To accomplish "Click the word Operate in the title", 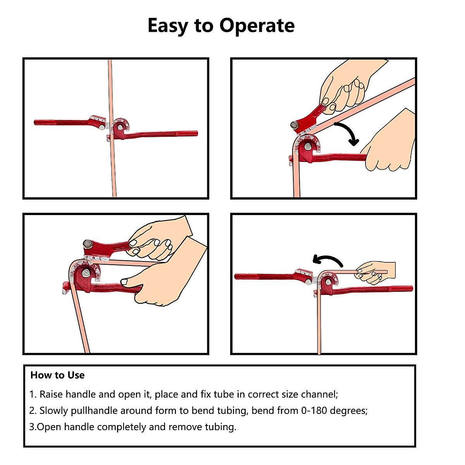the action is [257, 26].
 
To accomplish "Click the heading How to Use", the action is [57, 375].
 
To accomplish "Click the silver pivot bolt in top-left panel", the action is [120, 127].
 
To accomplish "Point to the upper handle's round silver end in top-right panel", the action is [294, 125].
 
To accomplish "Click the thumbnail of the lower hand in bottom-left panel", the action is [124, 282].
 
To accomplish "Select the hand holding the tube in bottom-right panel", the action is [375, 272].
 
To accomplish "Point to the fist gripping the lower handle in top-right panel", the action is [389, 145].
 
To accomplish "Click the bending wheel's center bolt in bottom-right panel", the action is [328, 282].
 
